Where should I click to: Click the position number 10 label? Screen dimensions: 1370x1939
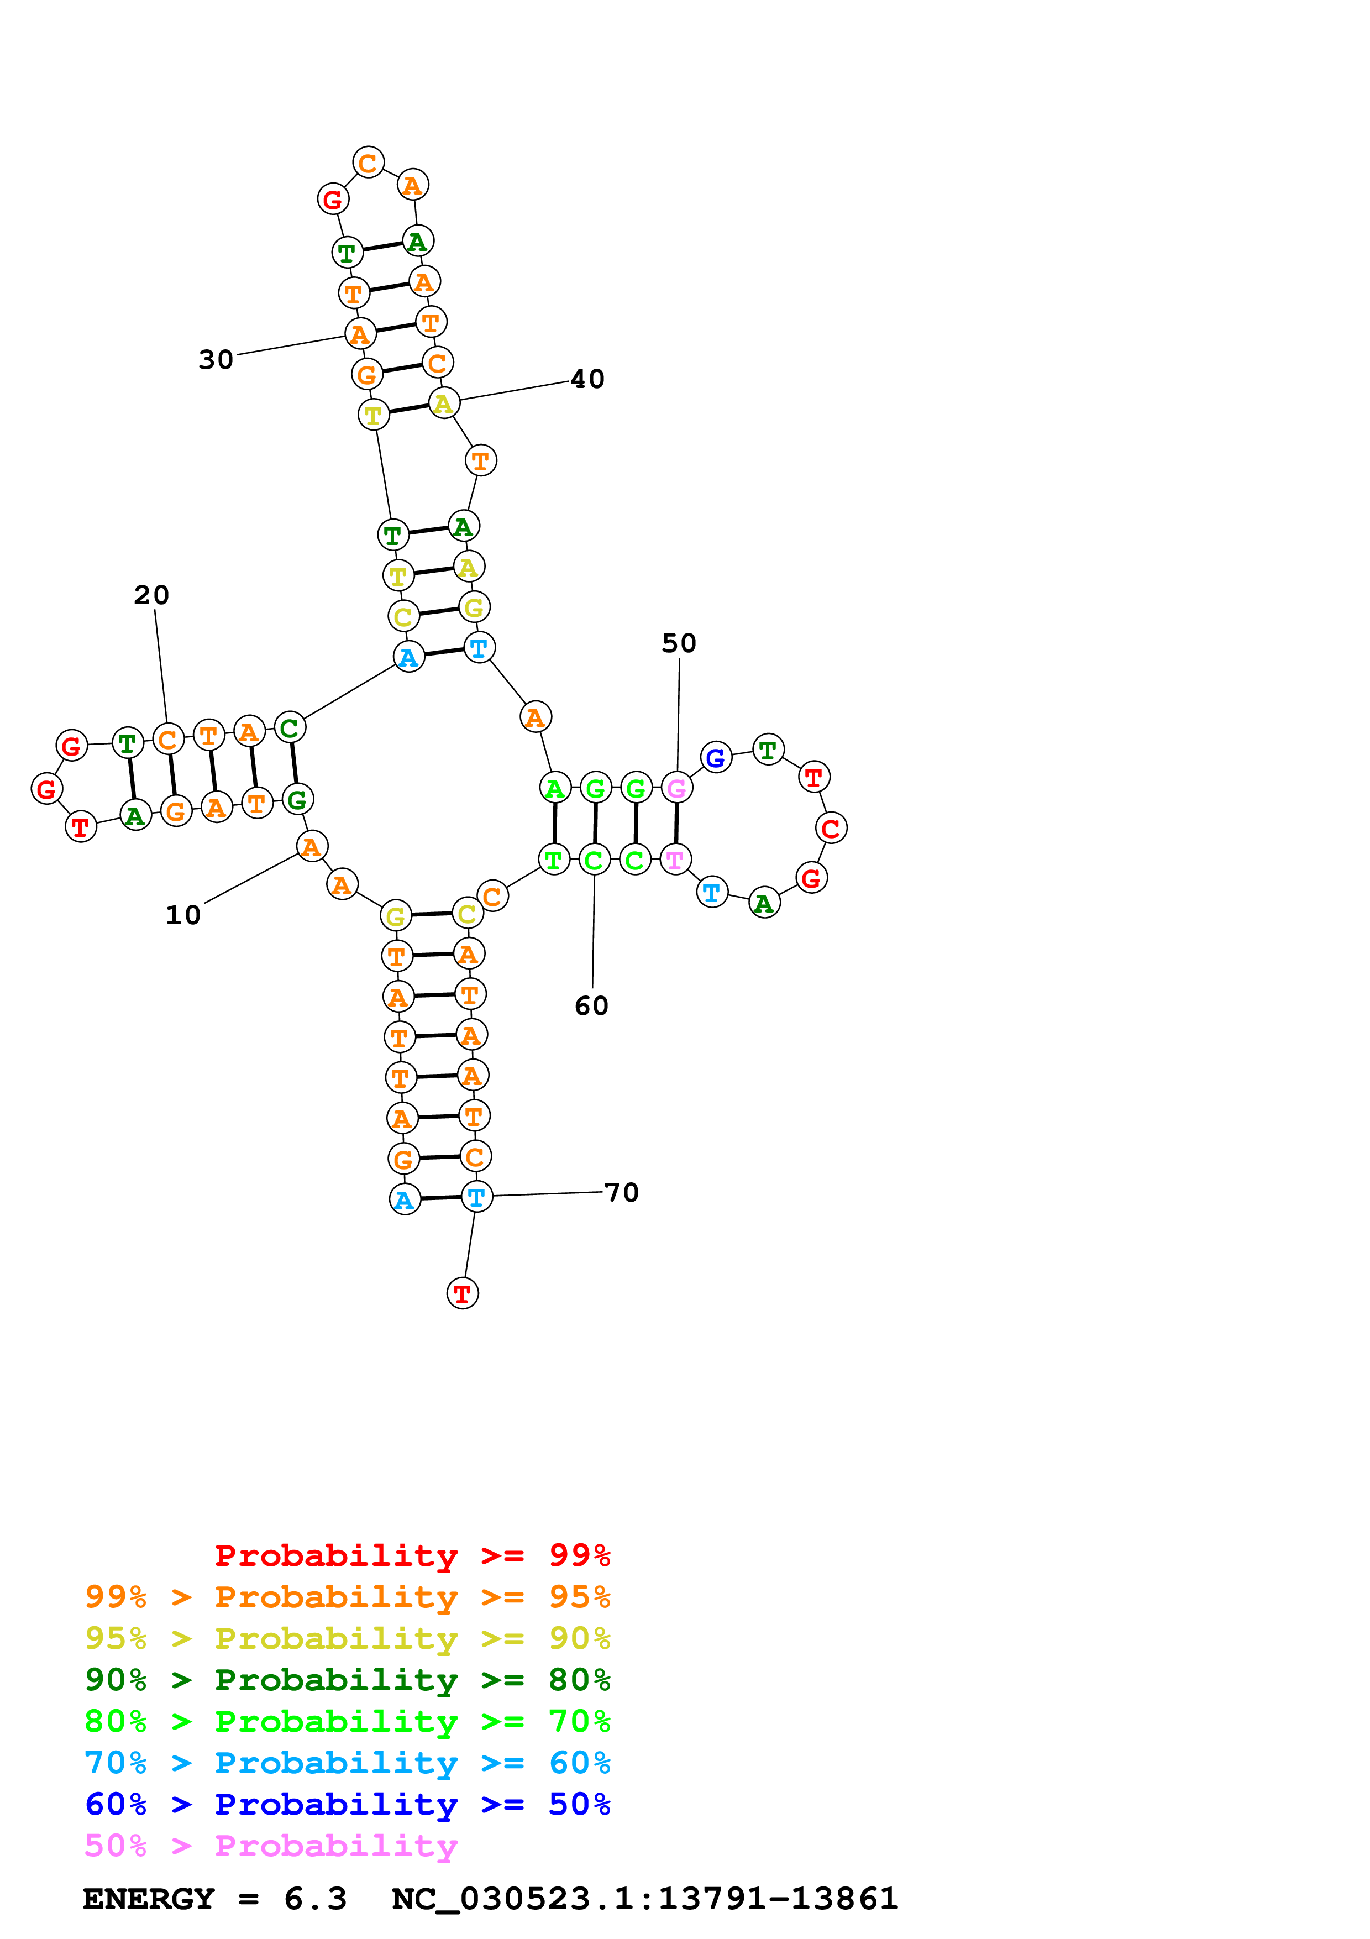(x=182, y=915)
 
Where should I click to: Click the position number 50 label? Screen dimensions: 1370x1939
(x=679, y=643)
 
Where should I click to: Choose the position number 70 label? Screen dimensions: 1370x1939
(x=622, y=1192)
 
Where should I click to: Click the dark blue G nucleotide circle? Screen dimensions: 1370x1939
(x=716, y=758)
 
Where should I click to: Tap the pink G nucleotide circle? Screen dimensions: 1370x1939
(x=676, y=788)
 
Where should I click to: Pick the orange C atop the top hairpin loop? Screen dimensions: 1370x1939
(x=368, y=162)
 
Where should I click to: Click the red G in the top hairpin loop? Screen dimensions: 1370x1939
(x=333, y=200)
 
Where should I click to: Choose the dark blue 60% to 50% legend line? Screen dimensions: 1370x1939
(x=347, y=1804)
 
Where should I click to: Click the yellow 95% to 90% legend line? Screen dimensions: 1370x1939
(x=347, y=1638)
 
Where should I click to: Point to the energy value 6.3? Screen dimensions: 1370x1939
(x=315, y=1899)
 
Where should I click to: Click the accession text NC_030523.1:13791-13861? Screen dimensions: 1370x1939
(x=645, y=1899)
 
